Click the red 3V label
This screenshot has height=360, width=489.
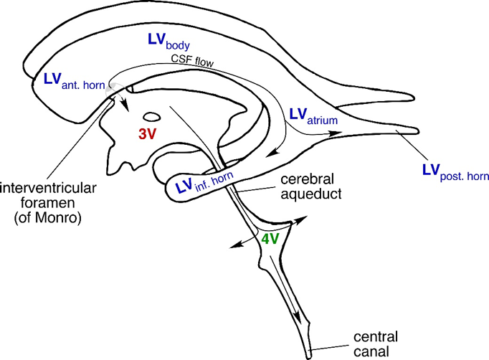coord(147,134)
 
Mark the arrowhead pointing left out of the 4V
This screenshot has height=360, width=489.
coord(234,246)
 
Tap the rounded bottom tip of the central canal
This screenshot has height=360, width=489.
coord(309,354)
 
